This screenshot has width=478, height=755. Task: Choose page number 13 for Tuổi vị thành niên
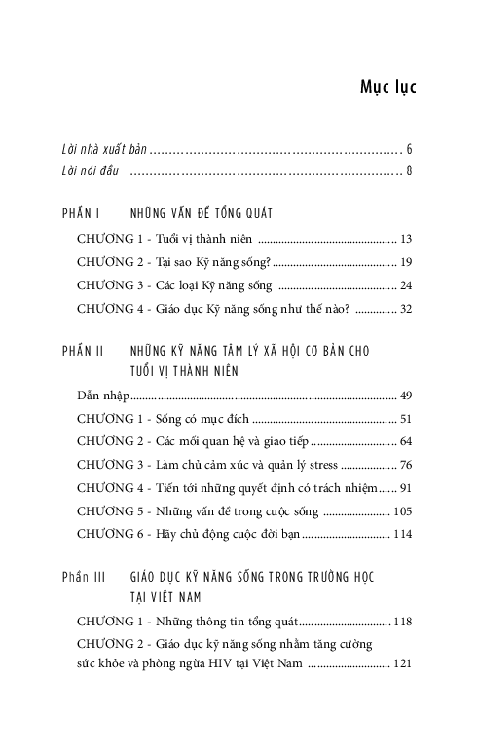pyautogui.click(x=407, y=239)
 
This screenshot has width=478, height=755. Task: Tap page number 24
pyautogui.click(x=407, y=285)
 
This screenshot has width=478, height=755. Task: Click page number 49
pyautogui.click(x=407, y=396)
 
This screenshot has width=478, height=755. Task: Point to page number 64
pyautogui.click(x=407, y=441)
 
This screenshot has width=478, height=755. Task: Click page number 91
pyautogui.click(x=407, y=488)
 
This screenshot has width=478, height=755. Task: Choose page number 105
pyautogui.click(x=404, y=511)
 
